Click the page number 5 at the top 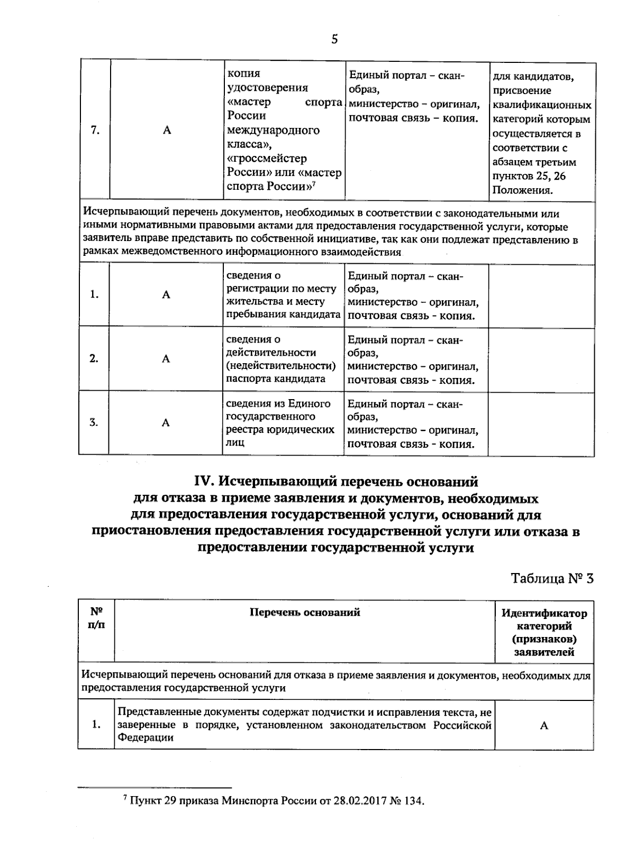[x=334, y=39]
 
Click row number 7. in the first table [x=95, y=130]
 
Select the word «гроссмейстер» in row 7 [x=267, y=158]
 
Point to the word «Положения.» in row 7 [x=523, y=190]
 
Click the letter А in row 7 [x=167, y=131]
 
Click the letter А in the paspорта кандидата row [x=166, y=359]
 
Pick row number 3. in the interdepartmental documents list [x=94, y=422]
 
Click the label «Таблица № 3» [x=552, y=578]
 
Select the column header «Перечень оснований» [x=305, y=612]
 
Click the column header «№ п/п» [x=96, y=617]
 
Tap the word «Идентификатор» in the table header [x=544, y=614]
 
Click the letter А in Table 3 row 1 [x=544, y=726]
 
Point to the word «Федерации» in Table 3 [x=146, y=737]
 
